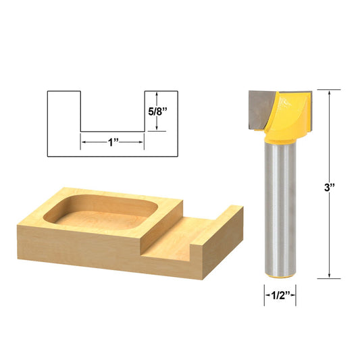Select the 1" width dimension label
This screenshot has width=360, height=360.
[112, 143]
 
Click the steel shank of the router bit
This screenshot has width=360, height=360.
[280, 209]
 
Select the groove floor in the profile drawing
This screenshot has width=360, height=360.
[112, 130]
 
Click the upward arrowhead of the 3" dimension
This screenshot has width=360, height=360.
[330, 93]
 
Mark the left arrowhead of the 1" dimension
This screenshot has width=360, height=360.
[84, 143]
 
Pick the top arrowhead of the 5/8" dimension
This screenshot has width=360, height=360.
[157, 93]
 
